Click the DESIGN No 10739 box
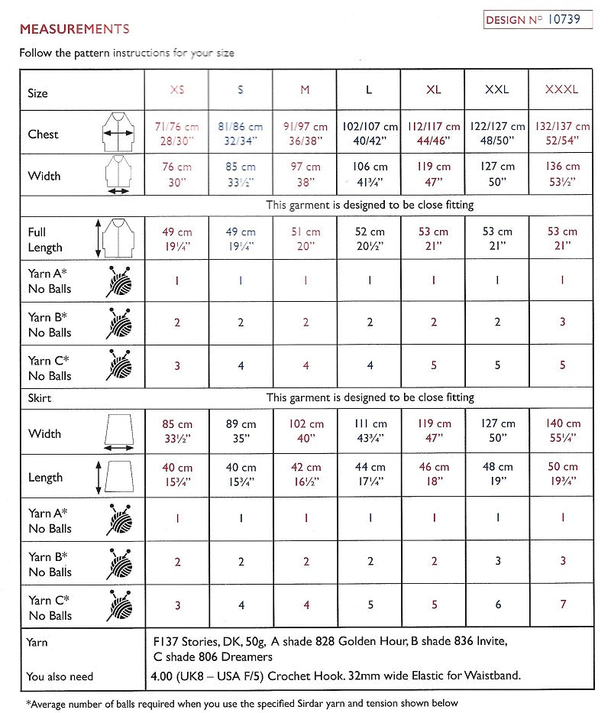click(538, 20)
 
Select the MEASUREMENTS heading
click(74, 30)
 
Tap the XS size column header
click(176, 89)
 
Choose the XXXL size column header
click(561, 89)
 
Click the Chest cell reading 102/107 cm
click(369, 133)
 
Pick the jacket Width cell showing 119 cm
click(433, 174)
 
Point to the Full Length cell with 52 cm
click(369, 239)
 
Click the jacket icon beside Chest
click(117, 133)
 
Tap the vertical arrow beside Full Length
click(98, 239)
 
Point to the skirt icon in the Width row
click(117, 433)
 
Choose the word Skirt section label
click(39, 398)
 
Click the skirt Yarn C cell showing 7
click(561, 606)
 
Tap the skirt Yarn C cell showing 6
click(497, 606)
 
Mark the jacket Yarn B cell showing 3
click(561, 322)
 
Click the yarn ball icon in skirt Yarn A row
click(117, 520)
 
